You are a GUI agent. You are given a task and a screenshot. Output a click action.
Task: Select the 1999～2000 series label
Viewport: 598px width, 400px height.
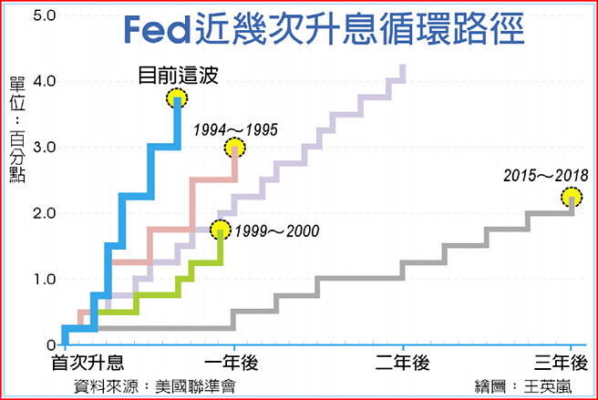click(x=276, y=231)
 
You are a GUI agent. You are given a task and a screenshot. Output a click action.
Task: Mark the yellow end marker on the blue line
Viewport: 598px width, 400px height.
click(x=177, y=98)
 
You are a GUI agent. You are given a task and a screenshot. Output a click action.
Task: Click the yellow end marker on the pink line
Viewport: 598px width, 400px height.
click(x=235, y=148)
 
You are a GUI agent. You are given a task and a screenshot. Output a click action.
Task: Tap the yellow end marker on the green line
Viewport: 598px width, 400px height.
click(x=221, y=230)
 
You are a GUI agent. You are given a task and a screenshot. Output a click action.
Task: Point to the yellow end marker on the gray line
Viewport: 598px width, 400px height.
click(x=572, y=196)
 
